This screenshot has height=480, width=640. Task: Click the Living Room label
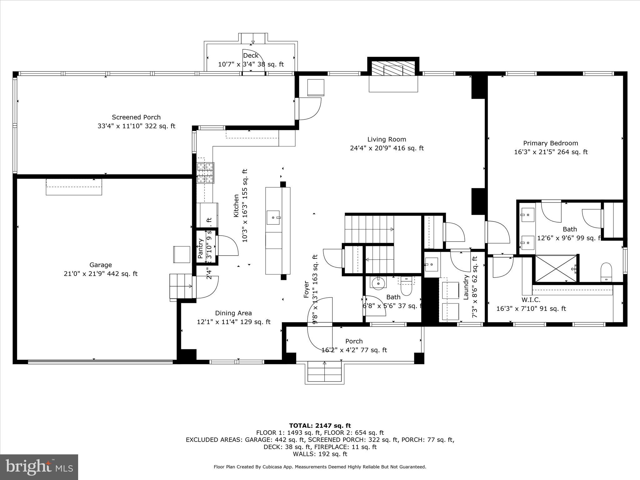click(387, 139)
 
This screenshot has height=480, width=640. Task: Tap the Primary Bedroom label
click(551, 143)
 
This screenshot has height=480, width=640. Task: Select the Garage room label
click(101, 265)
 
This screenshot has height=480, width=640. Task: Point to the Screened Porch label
click(136, 117)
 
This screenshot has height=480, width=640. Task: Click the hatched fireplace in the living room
click(393, 67)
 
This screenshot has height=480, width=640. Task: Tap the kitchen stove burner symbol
click(205, 173)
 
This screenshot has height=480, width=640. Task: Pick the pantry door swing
click(228, 246)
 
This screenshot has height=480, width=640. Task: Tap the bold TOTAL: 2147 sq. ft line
click(320, 426)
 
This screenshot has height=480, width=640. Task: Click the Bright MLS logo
click(39, 467)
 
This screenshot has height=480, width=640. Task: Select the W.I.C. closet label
click(531, 300)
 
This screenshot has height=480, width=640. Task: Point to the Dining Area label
click(233, 313)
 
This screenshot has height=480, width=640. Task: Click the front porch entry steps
click(324, 372)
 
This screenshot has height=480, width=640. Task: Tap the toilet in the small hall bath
click(407, 288)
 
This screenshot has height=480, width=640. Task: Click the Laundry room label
click(466, 287)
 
